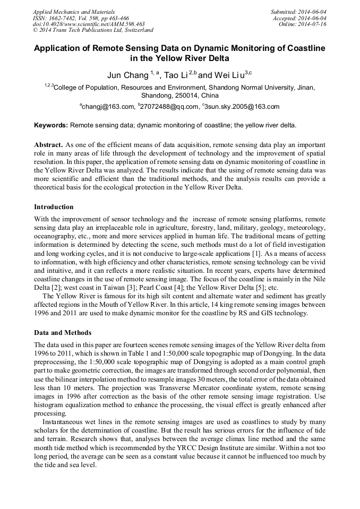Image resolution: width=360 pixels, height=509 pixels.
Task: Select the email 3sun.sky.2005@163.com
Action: point(242,107)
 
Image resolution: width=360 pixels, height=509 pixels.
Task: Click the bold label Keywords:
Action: point(51,126)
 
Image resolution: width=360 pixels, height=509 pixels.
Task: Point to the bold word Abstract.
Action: point(49,145)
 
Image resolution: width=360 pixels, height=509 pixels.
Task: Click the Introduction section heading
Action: point(54,207)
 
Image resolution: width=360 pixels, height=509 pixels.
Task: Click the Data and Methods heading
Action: point(63,333)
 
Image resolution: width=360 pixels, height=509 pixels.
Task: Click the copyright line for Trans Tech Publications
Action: point(93,31)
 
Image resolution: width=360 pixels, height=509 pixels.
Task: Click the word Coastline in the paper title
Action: point(299,48)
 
